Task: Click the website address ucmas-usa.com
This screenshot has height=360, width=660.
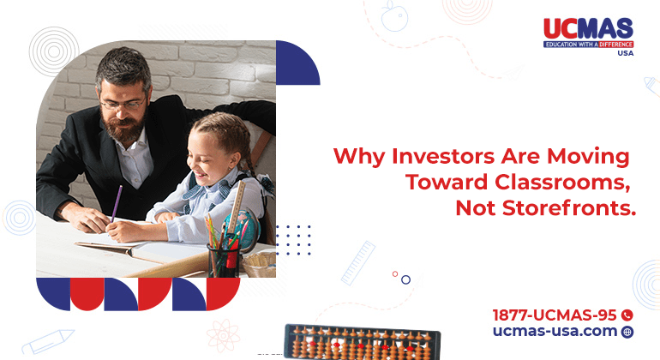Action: [x=555, y=331]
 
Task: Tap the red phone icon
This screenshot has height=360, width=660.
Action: [x=627, y=315]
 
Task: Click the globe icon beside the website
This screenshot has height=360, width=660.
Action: [x=627, y=332]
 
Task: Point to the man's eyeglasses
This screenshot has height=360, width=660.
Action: [x=123, y=103]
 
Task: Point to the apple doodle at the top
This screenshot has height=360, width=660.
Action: [x=394, y=16]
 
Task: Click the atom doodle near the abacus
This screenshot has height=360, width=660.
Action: [x=224, y=335]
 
